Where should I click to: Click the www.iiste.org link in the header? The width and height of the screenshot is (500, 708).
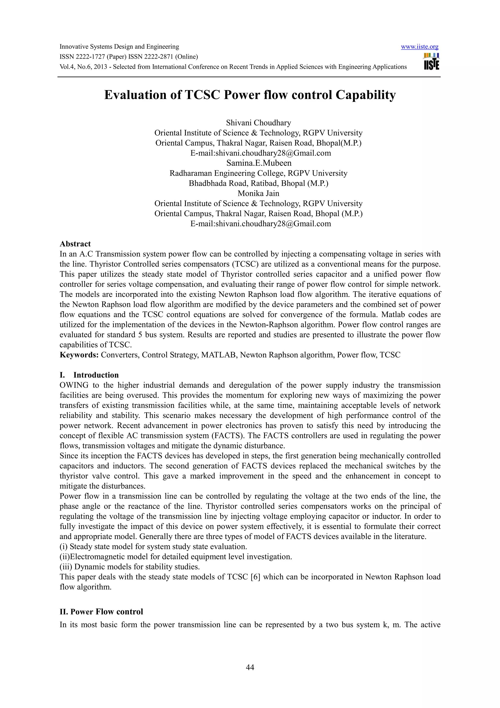pos(419,47)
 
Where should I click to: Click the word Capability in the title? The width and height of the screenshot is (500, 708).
pos(365,95)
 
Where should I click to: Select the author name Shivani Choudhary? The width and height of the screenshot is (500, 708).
pos(258,123)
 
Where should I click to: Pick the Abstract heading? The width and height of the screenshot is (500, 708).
pos(75,244)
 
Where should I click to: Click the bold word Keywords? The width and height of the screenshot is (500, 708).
pos(79,355)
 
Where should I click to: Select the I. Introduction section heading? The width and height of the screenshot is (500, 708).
pos(89,375)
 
